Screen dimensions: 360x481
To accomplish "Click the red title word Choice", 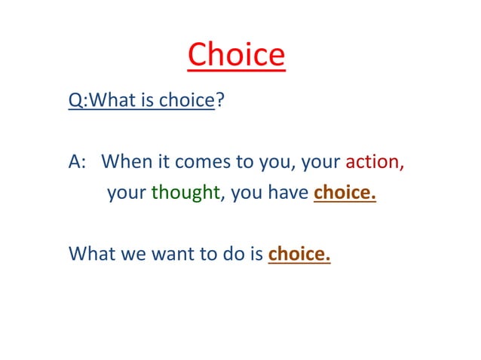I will [236, 56].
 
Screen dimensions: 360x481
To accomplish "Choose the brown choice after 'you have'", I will [344, 194].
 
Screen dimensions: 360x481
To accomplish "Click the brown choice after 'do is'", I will [299, 254].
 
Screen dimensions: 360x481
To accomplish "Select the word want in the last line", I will [174, 254].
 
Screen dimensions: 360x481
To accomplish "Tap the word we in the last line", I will [132, 254].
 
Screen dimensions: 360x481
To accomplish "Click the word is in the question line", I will [147, 102].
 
